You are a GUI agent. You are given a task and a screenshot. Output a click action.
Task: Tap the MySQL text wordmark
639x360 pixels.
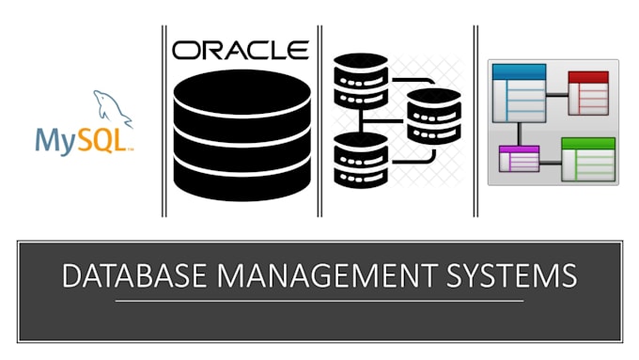(x=83, y=141)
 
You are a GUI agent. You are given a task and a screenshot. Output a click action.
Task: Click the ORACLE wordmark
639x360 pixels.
(x=241, y=49)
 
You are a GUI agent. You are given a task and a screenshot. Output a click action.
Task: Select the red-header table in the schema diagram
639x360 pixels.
(x=587, y=92)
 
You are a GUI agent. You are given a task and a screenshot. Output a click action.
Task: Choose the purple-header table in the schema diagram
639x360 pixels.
(x=518, y=159)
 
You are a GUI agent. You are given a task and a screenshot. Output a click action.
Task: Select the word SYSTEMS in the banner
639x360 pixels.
(x=511, y=277)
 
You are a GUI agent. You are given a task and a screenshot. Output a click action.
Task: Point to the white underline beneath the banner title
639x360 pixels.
(x=319, y=301)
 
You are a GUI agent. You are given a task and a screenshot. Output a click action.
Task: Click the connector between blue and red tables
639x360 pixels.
(x=556, y=91)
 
